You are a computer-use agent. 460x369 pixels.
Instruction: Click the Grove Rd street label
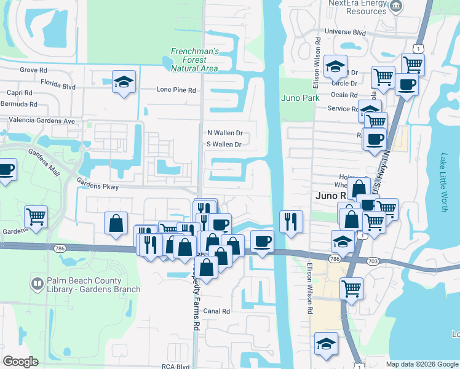click(29, 70)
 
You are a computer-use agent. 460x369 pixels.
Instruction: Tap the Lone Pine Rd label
click(176, 90)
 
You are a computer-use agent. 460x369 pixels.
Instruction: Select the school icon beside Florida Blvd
click(124, 82)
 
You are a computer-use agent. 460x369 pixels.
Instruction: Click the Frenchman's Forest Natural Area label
click(194, 60)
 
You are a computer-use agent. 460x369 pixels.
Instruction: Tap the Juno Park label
click(300, 98)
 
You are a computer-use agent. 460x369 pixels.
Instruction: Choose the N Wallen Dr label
click(225, 132)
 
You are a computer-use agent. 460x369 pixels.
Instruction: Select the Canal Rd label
click(217, 311)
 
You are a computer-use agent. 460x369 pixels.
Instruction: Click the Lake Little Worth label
click(444, 183)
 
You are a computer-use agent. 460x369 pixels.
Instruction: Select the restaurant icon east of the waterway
click(291, 221)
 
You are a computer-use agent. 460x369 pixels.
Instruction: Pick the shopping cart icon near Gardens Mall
click(36, 216)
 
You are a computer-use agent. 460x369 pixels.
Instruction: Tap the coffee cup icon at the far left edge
click(6, 170)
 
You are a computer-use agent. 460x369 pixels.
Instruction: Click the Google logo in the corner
click(20, 362)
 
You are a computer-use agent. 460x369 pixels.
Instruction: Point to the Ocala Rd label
click(344, 95)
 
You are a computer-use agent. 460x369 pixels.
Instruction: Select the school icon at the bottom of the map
click(326, 344)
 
